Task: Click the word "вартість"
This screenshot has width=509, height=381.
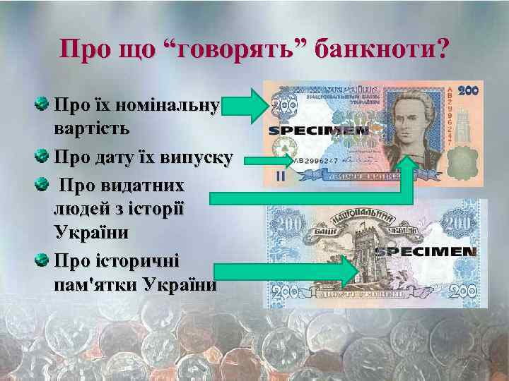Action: coord(90,129)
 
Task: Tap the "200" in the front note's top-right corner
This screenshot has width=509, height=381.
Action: coord(468,91)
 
